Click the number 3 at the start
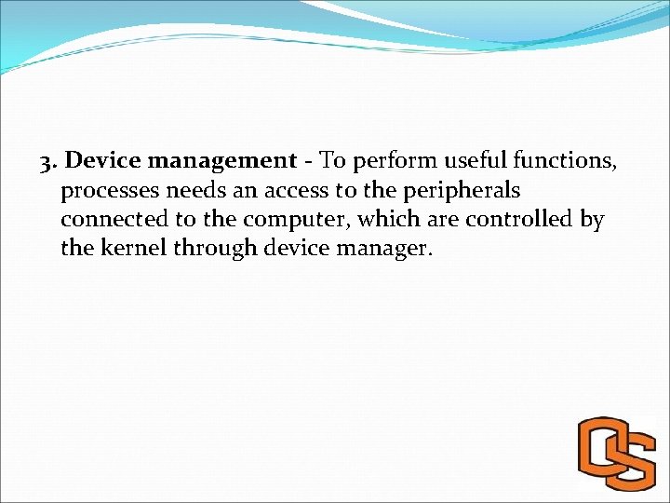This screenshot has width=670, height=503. (x=47, y=162)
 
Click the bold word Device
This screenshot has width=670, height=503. (x=103, y=161)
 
